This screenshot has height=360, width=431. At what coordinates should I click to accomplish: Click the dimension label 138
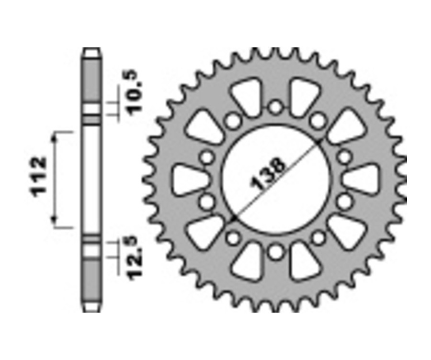point(268,173)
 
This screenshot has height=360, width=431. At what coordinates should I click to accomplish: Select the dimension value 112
point(39,175)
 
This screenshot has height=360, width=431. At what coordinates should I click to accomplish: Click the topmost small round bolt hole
point(275,106)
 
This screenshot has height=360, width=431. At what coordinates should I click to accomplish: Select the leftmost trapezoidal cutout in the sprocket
point(190,180)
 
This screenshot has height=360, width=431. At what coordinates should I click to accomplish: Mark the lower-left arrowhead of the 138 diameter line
point(232,219)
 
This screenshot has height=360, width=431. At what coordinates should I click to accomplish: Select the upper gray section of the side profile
point(91,79)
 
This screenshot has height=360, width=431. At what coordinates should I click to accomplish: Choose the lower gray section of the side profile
point(91,280)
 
